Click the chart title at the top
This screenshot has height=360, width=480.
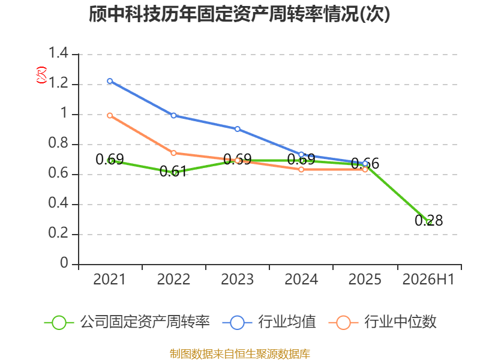pos(239,13)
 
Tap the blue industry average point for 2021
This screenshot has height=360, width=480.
pos(110,81)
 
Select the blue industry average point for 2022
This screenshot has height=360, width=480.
pos(173,115)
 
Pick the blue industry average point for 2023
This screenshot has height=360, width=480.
pos(238,129)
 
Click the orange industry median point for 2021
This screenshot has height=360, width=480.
pos(110,115)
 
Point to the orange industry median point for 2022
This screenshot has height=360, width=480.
pos(173,153)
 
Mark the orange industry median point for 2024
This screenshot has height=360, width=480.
pos(301,169)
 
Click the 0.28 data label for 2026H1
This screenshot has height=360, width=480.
pos(428,220)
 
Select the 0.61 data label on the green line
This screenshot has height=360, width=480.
pos(173,171)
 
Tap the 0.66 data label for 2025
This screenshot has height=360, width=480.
pos(365,163)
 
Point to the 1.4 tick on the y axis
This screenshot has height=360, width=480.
pos(58,53)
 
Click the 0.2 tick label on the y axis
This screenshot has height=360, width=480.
pos(58,233)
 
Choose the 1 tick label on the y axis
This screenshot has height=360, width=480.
pos(64,113)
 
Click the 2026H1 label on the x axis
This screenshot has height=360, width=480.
pos(428,279)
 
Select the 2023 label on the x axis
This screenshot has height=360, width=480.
pos(237,279)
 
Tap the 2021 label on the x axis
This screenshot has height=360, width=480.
pos(109,279)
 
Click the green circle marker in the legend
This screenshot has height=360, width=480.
pos(59,323)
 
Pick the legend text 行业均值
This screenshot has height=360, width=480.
pos(287,322)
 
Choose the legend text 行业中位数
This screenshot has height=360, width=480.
pos(400,322)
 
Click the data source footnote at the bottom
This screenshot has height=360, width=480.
pos(239,354)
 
